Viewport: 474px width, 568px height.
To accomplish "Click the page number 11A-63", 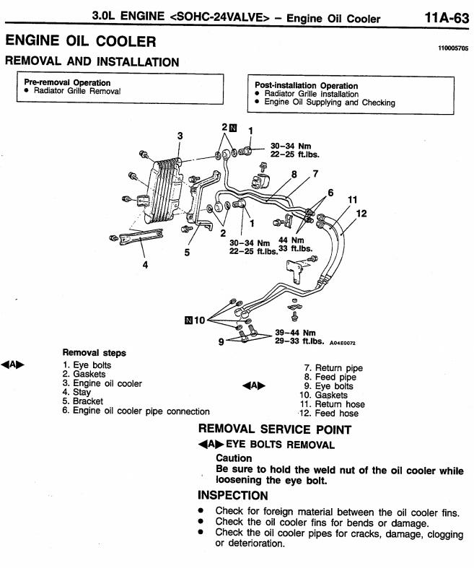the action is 447,17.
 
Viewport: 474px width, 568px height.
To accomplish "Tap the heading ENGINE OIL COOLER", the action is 81,40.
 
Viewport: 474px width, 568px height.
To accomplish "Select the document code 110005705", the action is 453,48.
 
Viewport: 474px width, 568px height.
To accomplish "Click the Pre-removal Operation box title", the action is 67,82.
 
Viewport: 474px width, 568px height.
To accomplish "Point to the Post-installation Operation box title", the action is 307,85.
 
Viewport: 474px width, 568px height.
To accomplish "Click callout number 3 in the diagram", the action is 180,136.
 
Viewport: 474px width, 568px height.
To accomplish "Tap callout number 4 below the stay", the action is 145,265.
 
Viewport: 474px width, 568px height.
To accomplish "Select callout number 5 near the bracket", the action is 187,252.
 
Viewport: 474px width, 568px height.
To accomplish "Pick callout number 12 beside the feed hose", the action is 361,214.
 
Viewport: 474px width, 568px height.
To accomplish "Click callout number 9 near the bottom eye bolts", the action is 221,341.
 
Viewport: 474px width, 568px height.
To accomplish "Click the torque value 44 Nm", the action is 291,240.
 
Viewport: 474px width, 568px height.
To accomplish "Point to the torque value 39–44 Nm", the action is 295,333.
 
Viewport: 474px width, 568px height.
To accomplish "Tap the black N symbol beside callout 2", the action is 233,128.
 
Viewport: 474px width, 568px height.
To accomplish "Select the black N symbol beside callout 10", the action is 188,320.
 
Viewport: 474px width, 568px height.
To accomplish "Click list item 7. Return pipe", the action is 333,368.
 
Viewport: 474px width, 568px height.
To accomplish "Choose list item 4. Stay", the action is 76,392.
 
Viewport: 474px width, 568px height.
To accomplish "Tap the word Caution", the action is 234,458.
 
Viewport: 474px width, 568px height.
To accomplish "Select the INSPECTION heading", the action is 233,495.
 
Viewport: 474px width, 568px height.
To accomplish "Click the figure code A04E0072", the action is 343,343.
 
